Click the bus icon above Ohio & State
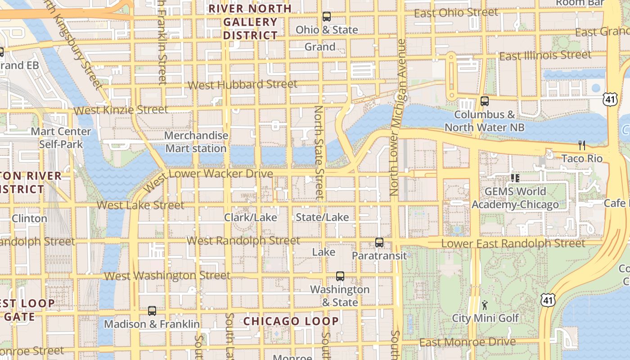(327, 17)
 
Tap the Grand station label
(320, 47)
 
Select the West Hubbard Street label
(242, 85)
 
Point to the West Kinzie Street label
(121, 110)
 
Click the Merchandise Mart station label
(196, 142)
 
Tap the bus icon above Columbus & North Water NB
(485, 101)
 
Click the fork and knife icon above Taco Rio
(582, 145)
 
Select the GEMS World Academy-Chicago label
(515, 198)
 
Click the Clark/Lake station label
(251, 217)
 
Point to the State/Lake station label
(322, 217)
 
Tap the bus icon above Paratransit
(379, 243)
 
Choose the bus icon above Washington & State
(340, 276)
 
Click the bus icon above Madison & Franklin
(152, 311)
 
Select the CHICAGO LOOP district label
(291, 321)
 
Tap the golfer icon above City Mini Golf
(485, 305)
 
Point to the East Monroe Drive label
(468, 342)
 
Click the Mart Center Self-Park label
(61, 138)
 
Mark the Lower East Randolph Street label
(513, 243)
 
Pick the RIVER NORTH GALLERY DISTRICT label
(250, 22)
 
